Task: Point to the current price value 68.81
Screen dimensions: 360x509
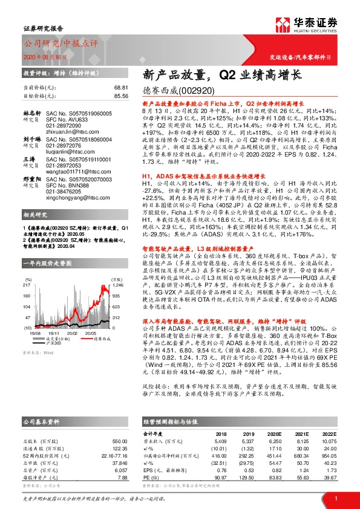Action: [x=122, y=87]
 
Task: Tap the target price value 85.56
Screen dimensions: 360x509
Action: [x=122, y=96]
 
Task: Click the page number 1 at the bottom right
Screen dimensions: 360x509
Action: [x=335, y=497]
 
